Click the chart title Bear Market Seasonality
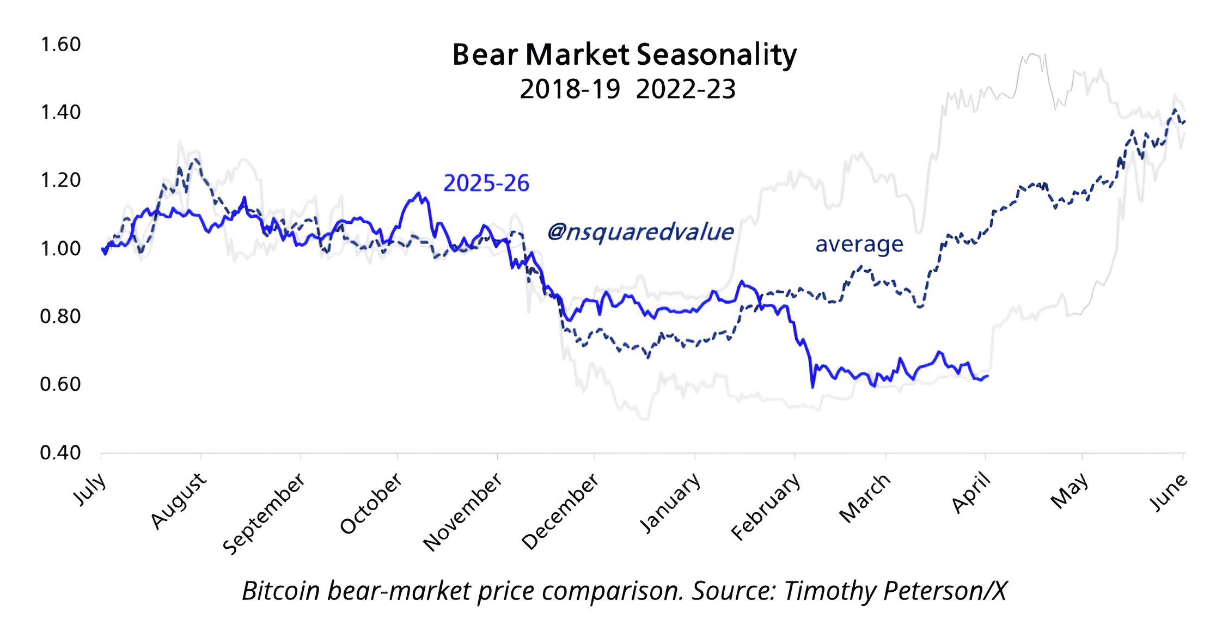coord(624,54)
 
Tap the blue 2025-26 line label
coord(486,183)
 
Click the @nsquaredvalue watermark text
coord(640,232)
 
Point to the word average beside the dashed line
coord(859,244)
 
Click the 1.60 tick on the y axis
coord(60,44)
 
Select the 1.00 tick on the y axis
coord(60,248)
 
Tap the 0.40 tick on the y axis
coord(60,452)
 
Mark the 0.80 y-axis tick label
coord(60,316)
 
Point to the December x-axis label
coord(560,511)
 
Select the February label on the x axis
coord(766,506)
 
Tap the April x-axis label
coord(972,493)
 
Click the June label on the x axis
coord(1168,492)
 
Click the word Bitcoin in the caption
coord(281,591)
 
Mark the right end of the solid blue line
coord(988,376)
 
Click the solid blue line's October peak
coord(418,193)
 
